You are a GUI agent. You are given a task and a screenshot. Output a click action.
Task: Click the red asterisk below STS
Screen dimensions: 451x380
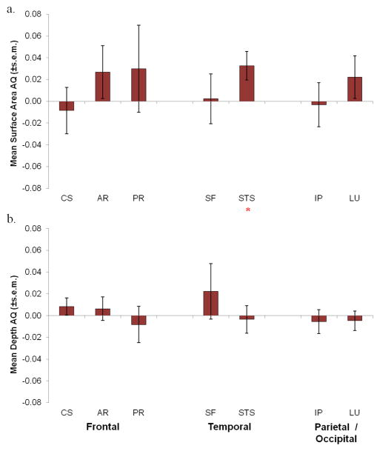click(x=247, y=210)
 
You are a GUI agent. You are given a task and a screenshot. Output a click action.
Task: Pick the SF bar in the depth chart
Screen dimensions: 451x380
click(x=211, y=303)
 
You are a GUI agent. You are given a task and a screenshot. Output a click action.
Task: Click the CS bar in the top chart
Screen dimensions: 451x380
click(x=67, y=106)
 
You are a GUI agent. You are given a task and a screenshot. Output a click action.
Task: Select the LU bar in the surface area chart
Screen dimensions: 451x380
click(x=355, y=89)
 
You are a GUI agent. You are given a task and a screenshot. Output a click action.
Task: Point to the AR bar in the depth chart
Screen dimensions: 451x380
click(x=102, y=312)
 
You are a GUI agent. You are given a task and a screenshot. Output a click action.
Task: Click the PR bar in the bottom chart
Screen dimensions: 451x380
click(x=139, y=320)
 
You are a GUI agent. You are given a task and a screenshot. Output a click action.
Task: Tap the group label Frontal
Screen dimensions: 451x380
click(x=103, y=427)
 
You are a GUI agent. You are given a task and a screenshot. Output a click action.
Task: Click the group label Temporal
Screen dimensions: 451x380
click(x=230, y=427)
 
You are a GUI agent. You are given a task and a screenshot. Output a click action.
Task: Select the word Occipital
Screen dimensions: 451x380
click(x=336, y=439)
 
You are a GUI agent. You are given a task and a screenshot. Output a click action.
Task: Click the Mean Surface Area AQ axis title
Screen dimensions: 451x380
click(x=15, y=101)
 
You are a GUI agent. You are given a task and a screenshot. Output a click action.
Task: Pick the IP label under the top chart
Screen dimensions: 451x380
click(x=319, y=198)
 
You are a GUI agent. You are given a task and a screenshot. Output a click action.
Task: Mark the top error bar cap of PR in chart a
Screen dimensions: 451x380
click(x=139, y=25)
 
